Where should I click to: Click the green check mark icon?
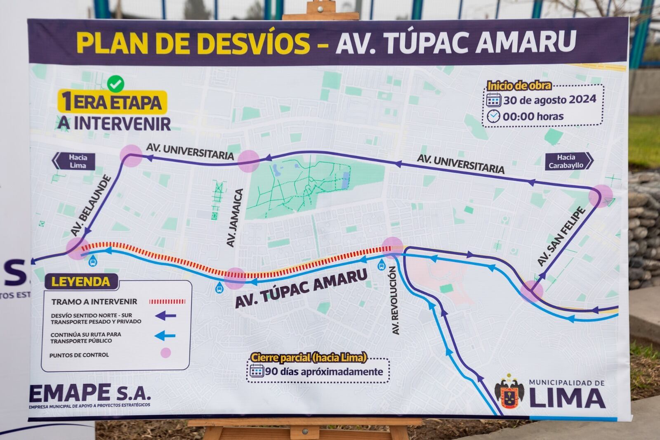point(115,84)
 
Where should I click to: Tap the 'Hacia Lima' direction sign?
point(76,161)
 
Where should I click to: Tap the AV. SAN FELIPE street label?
point(561,237)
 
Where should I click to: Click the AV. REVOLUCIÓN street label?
point(394,300)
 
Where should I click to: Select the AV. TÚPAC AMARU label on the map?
point(301,289)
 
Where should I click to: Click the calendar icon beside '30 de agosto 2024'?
point(493,100)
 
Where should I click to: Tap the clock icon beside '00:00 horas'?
point(493,116)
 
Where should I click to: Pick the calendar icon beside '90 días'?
point(257,371)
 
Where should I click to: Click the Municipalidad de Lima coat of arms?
point(509,393)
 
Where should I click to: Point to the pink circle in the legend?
point(166,353)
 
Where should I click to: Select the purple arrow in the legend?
point(166,316)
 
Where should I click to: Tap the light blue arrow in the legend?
point(166,336)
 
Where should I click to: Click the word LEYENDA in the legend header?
point(81,282)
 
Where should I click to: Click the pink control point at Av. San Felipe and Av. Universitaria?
point(600,196)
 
